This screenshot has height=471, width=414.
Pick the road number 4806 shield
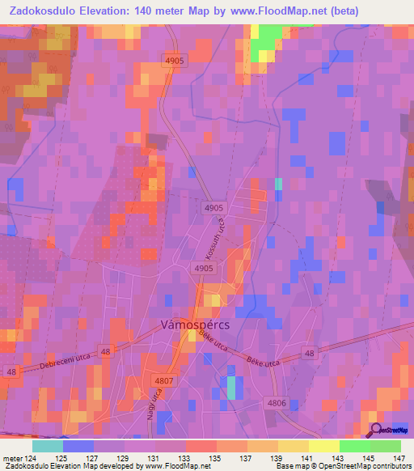275,401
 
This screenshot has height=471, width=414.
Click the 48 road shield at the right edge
310,353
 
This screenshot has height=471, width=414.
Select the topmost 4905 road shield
175,61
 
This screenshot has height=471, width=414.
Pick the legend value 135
216,457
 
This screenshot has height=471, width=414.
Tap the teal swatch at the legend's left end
48,446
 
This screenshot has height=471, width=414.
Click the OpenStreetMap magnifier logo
377,430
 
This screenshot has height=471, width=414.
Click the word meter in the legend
12,457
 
